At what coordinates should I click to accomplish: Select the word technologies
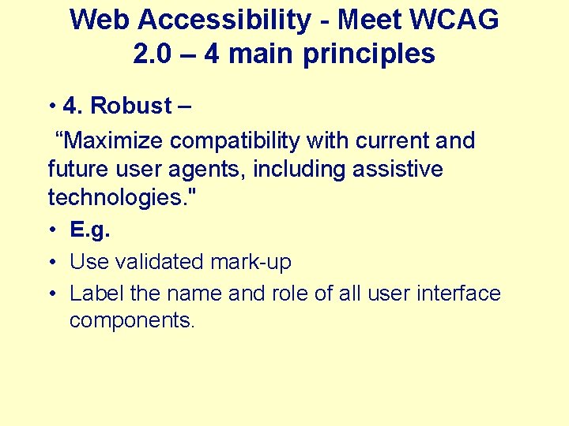[x=121, y=196]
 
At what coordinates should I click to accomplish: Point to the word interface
[x=458, y=293]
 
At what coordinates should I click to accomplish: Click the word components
[x=131, y=321]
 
